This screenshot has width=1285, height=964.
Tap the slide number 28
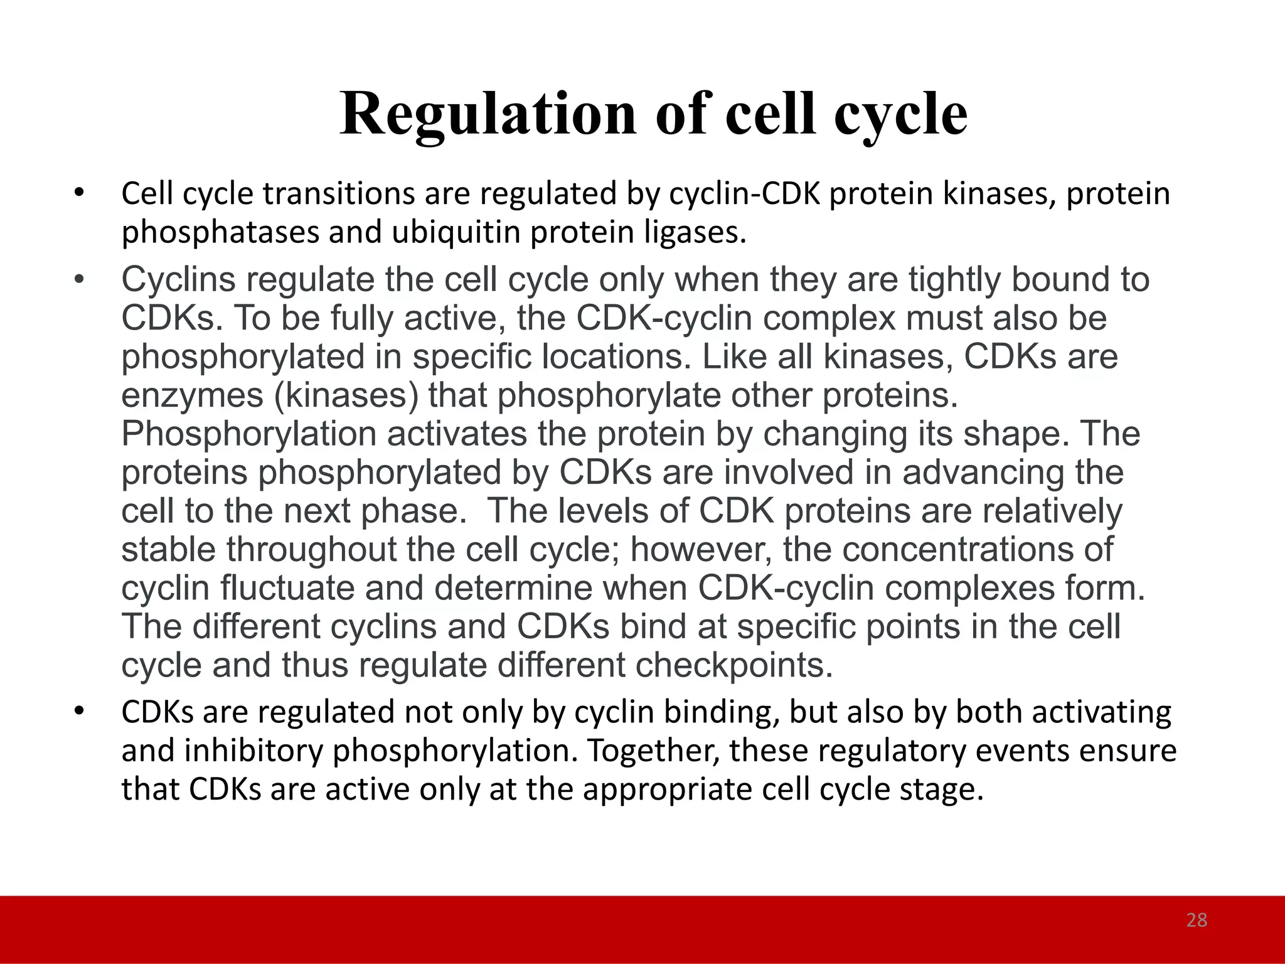(x=1197, y=920)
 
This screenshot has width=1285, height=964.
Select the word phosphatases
(x=220, y=233)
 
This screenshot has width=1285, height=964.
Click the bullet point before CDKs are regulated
(x=78, y=712)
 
